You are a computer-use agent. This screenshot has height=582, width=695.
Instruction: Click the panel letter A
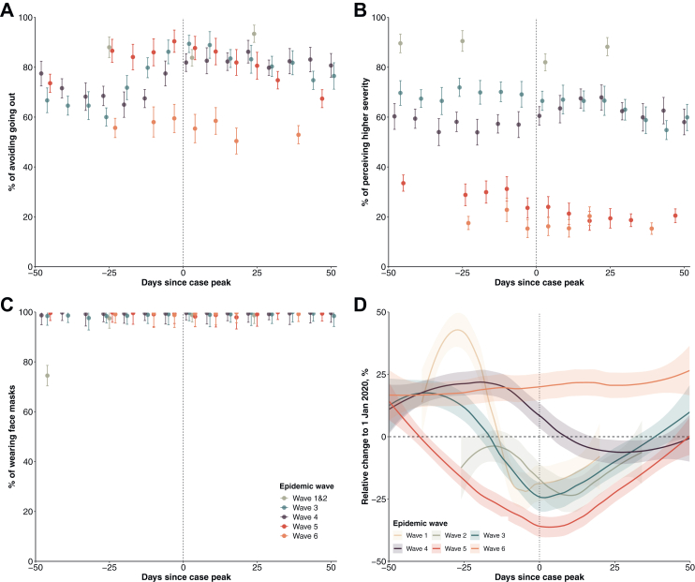pos(7,8)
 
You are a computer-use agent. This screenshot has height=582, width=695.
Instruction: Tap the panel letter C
pos(7,304)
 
